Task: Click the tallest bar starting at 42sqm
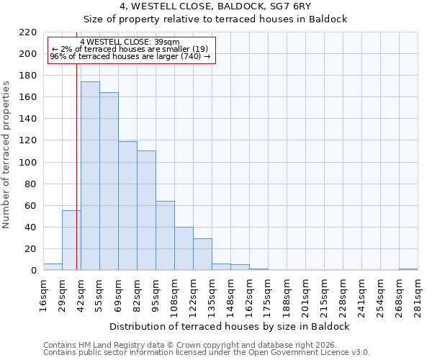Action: point(90,176)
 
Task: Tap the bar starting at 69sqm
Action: point(127,206)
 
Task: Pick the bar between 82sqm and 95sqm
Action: point(146,210)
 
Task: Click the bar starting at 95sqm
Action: point(165,235)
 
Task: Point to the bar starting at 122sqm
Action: point(202,254)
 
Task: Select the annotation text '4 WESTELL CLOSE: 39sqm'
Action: point(130,42)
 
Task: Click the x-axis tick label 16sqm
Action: point(44,294)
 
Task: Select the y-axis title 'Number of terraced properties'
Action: point(6,155)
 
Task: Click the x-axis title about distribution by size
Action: point(230,326)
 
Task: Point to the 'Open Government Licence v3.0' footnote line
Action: point(207,353)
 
